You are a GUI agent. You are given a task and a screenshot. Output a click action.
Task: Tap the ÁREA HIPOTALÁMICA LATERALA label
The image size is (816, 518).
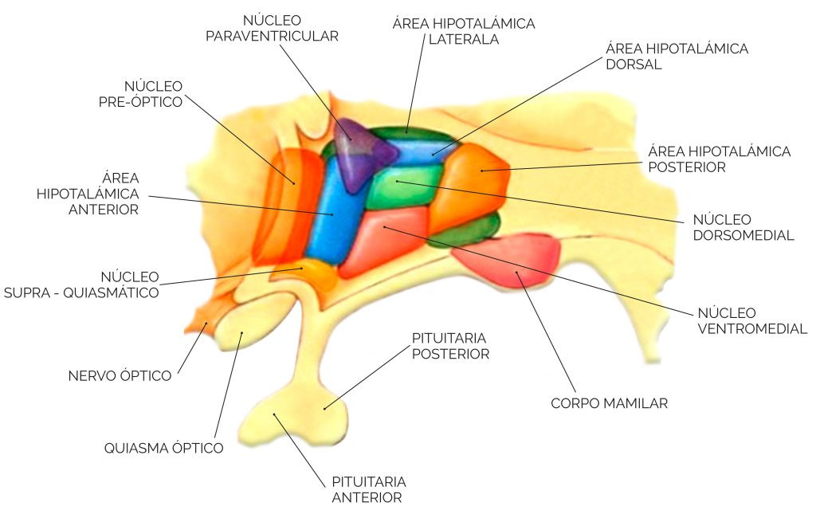pyautogui.click(x=463, y=31)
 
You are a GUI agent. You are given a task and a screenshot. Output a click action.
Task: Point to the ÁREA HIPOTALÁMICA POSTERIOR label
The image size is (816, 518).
pyautogui.click(x=719, y=159)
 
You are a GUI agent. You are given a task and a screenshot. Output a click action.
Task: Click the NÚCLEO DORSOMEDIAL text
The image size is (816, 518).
pyautogui.click(x=743, y=227)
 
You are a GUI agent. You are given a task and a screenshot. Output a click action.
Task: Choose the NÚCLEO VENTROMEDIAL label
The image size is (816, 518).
pyautogui.click(x=751, y=320)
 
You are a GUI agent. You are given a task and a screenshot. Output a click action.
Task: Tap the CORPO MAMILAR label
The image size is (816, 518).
pyautogui.click(x=609, y=403)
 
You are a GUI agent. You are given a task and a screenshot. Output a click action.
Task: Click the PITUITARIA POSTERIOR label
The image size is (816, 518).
pyautogui.click(x=450, y=346)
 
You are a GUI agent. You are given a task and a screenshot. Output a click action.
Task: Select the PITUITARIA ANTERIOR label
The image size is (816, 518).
pyautogui.click(x=369, y=489)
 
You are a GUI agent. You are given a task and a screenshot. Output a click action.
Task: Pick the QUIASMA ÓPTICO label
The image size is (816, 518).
pyautogui.click(x=163, y=448)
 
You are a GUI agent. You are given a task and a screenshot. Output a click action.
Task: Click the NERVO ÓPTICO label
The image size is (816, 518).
pyautogui.click(x=120, y=375)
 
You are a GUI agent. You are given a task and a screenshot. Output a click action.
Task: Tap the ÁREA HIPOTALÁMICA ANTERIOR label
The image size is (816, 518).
pyautogui.click(x=88, y=193)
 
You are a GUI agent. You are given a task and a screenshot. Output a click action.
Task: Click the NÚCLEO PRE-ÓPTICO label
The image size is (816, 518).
pyautogui.click(x=153, y=93)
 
